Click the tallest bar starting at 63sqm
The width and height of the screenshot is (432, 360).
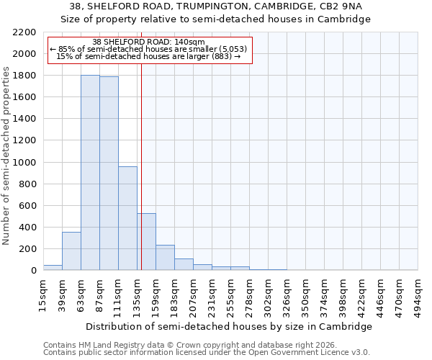[x=90, y=173]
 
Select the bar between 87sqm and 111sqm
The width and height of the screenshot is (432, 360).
[x=109, y=174]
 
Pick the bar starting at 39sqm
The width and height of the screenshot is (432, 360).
[x=71, y=251]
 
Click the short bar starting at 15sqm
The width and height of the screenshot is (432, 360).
[x=53, y=267]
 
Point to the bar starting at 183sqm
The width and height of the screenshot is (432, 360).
[x=184, y=264]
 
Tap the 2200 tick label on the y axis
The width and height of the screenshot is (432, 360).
[x=24, y=32]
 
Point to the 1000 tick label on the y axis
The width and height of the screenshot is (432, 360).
[x=24, y=163]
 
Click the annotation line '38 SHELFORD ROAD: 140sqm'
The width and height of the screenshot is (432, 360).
[x=149, y=42]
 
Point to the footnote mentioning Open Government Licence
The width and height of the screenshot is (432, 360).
[x=207, y=353]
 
